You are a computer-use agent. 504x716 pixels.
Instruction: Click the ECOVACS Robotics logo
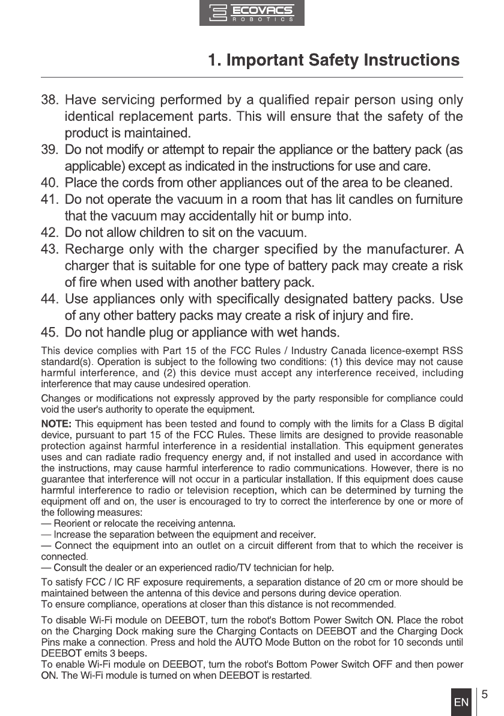(x=252, y=13)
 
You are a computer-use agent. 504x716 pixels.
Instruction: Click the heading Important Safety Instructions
(x=333, y=60)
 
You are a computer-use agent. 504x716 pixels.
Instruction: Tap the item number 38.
(x=49, y=99)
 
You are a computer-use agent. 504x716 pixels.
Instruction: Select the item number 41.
(x=49, y=199)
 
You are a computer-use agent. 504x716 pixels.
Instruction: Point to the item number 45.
(x=49, y=332)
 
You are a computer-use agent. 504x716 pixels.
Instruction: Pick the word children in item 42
(x=163, y=232)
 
